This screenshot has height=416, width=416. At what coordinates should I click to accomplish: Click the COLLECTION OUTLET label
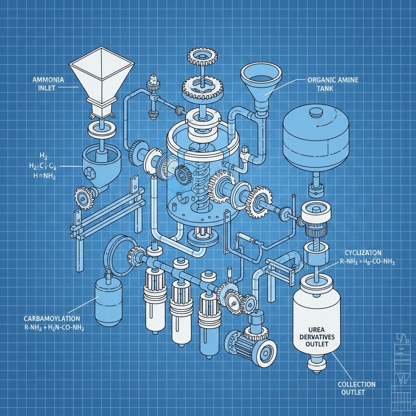pyautogui.click(x=357, y=388)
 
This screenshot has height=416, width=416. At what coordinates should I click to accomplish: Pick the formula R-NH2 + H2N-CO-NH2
pyautogui.click(x=54, y=328)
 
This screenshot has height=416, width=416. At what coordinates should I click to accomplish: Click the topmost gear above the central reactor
pyautogui.click(x=201, y=57)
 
